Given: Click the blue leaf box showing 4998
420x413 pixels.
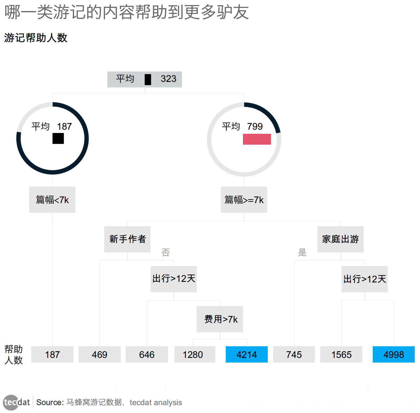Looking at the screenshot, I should click(x=393, y=354).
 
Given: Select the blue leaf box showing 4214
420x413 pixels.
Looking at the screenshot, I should click(x=246, y=354).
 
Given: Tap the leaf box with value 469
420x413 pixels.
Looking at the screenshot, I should click(x=99, y=354).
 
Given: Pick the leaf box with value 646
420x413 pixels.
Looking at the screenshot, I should click(x=147, y=354).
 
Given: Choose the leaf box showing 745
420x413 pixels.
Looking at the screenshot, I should click(x=294, y=354).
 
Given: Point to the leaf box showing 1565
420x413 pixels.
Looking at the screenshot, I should click(x=341, y=354).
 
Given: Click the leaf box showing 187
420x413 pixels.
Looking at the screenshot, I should click(x=52, y=354).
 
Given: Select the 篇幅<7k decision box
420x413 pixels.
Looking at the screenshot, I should click(x=52, y=200).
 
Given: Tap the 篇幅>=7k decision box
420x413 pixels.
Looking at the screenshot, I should click(x=244, y=200).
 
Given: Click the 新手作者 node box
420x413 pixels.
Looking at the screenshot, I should click(x=127, y=239).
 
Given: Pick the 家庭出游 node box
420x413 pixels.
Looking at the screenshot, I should click(x=340, y=239).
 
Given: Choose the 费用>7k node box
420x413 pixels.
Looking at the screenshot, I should click(x=220, y=319).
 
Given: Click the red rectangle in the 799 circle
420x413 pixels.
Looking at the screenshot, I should click(x=257, y=139).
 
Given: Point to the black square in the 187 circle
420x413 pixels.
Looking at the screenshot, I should click(x=58, y=138).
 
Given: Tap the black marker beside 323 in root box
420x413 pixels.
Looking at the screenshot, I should click(x=148, y=79).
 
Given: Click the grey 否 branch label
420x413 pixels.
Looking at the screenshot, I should click(x=166, y=252).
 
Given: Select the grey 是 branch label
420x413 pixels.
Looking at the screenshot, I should click(x=302, y=252).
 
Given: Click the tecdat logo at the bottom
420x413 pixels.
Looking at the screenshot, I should click(x=17, y=403).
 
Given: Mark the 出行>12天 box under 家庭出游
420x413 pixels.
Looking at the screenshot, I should click(x=364, y=279).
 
